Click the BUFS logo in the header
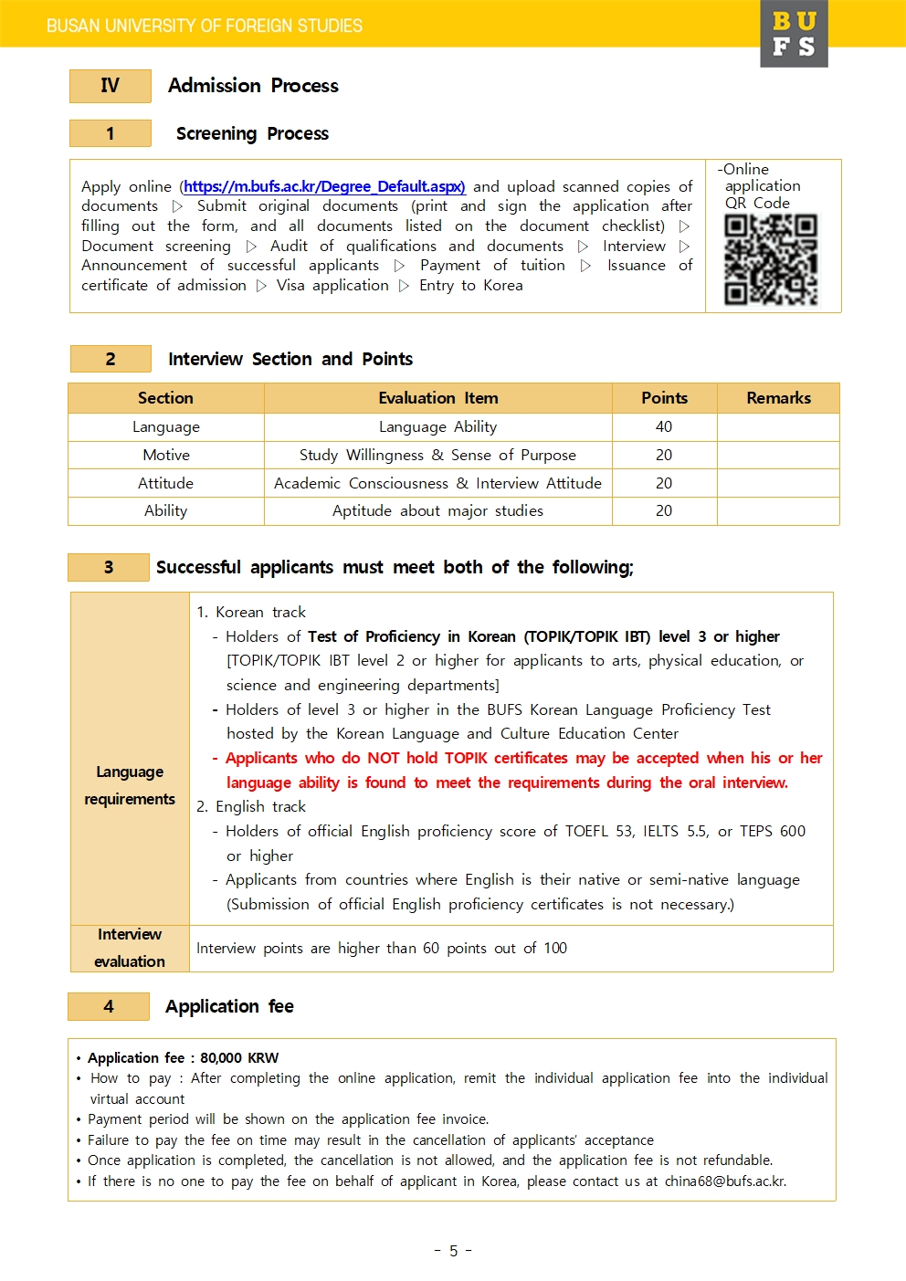tap(794, 34)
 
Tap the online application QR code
tap(771, 259)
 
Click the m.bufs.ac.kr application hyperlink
tap(324, 186)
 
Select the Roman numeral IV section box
tap(110, 86)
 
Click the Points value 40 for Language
tap(664, 426)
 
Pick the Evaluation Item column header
tap(438, 398)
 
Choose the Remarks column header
tap(778, 398)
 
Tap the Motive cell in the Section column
tap(166, 455)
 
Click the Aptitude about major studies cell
tap(438, 511)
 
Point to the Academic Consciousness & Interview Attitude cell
tap(438, 483)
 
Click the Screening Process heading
tap(252, 133)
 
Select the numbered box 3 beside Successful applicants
tap(109, 567)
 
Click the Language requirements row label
tap(130, 785)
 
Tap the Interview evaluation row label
tap(130, 948)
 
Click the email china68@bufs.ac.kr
tap(725, 1181)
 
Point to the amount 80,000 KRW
tap(239, 1057)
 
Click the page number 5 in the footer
tap(453, 1251)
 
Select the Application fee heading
tap(229, 1006)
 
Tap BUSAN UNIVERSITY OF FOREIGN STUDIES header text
tap(205, 26)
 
